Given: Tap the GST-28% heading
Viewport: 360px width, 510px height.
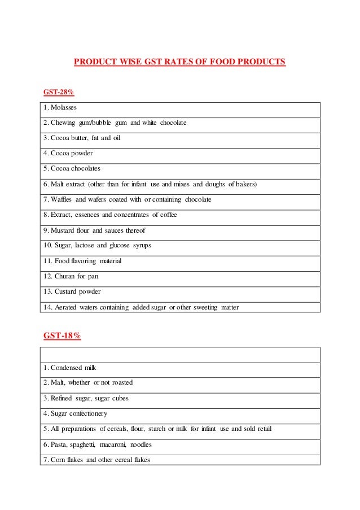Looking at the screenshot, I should pos(59,91).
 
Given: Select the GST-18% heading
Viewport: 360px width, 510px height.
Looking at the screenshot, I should pos(62,336).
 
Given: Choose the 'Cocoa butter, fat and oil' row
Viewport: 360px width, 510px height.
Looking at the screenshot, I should pos(82,138).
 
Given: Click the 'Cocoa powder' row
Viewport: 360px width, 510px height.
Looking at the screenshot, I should pos(68,153).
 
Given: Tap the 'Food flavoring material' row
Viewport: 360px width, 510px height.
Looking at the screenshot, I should pos(82,261).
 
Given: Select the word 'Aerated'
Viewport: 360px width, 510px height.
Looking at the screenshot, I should pos(67,307).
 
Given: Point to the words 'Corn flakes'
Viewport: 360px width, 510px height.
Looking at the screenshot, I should pos(66,460).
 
